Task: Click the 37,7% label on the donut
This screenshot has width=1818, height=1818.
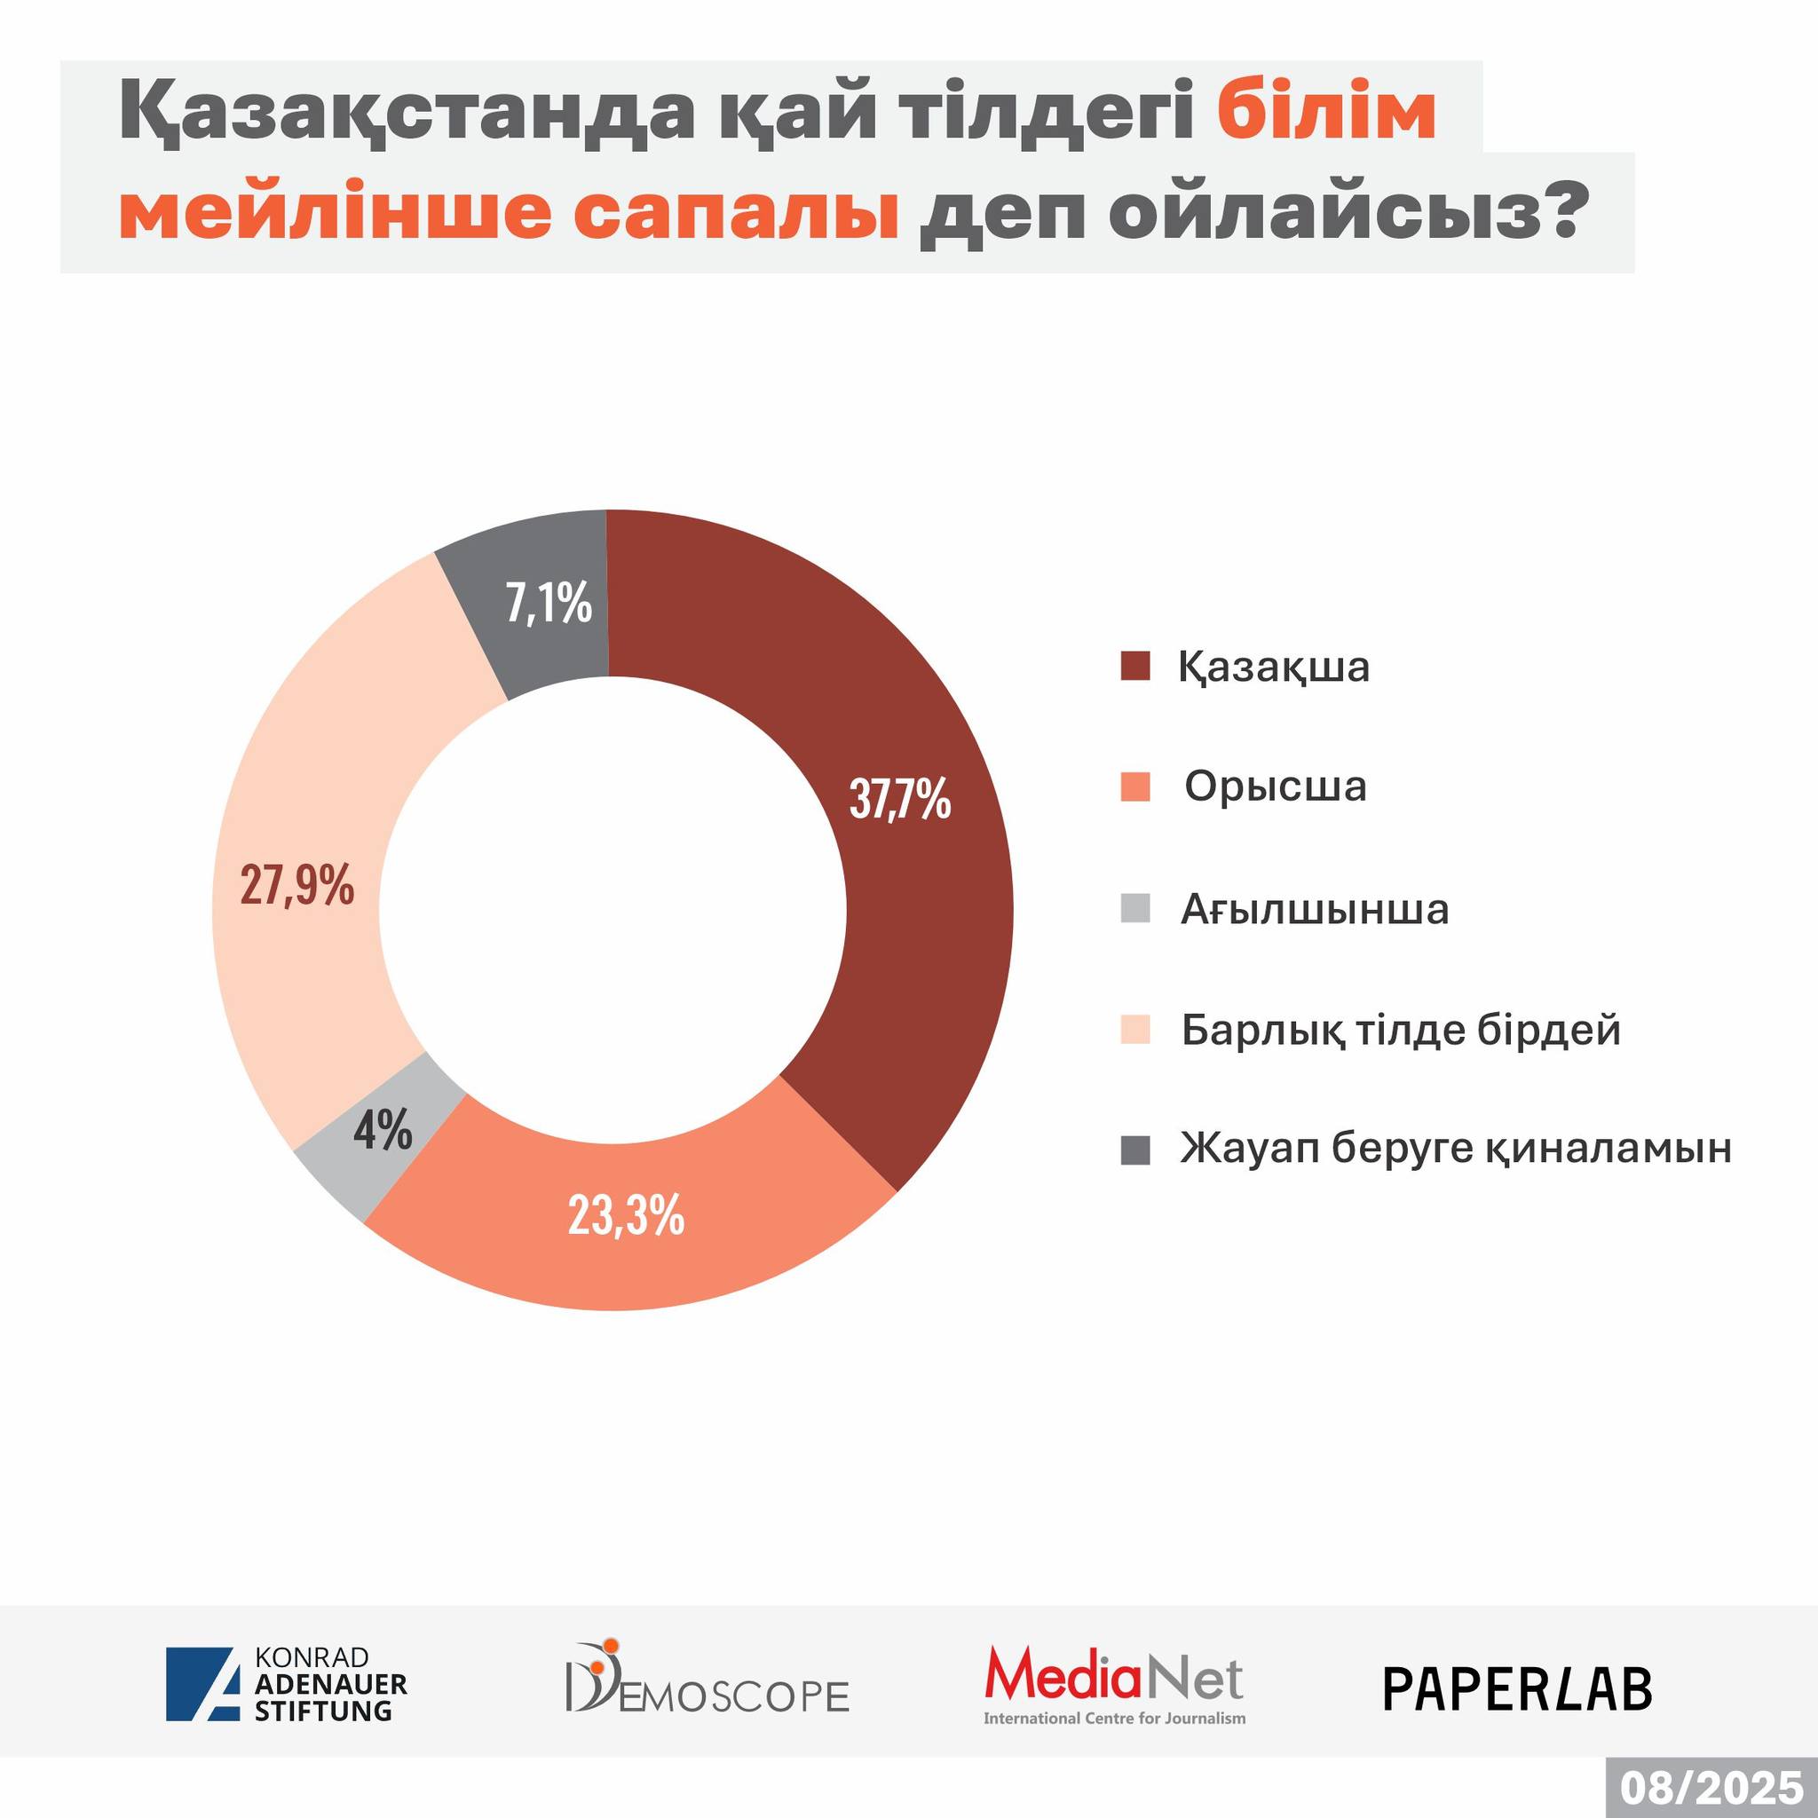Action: tap(899, 799)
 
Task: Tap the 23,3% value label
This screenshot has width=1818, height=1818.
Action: tap(626, 1215)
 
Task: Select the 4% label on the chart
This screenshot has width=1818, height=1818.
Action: tap(383, 1129)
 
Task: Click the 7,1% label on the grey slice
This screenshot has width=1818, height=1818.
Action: tap(549, 603)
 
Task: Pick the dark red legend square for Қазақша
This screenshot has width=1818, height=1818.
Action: tap(1135, 667)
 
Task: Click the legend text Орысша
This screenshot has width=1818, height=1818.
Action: tap(1275, 786)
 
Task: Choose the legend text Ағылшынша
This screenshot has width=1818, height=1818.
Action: tap(1315, 909)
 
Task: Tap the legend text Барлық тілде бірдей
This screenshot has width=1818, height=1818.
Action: tap(1401, 1030)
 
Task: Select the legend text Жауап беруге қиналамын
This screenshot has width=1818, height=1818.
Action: tap(1456, 1149)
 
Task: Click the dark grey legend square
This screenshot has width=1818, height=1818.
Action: tap(1135, 1150)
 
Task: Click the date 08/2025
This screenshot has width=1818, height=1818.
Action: tap(1711, 1787)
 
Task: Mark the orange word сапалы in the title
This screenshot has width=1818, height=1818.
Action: tap(736, 213)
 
